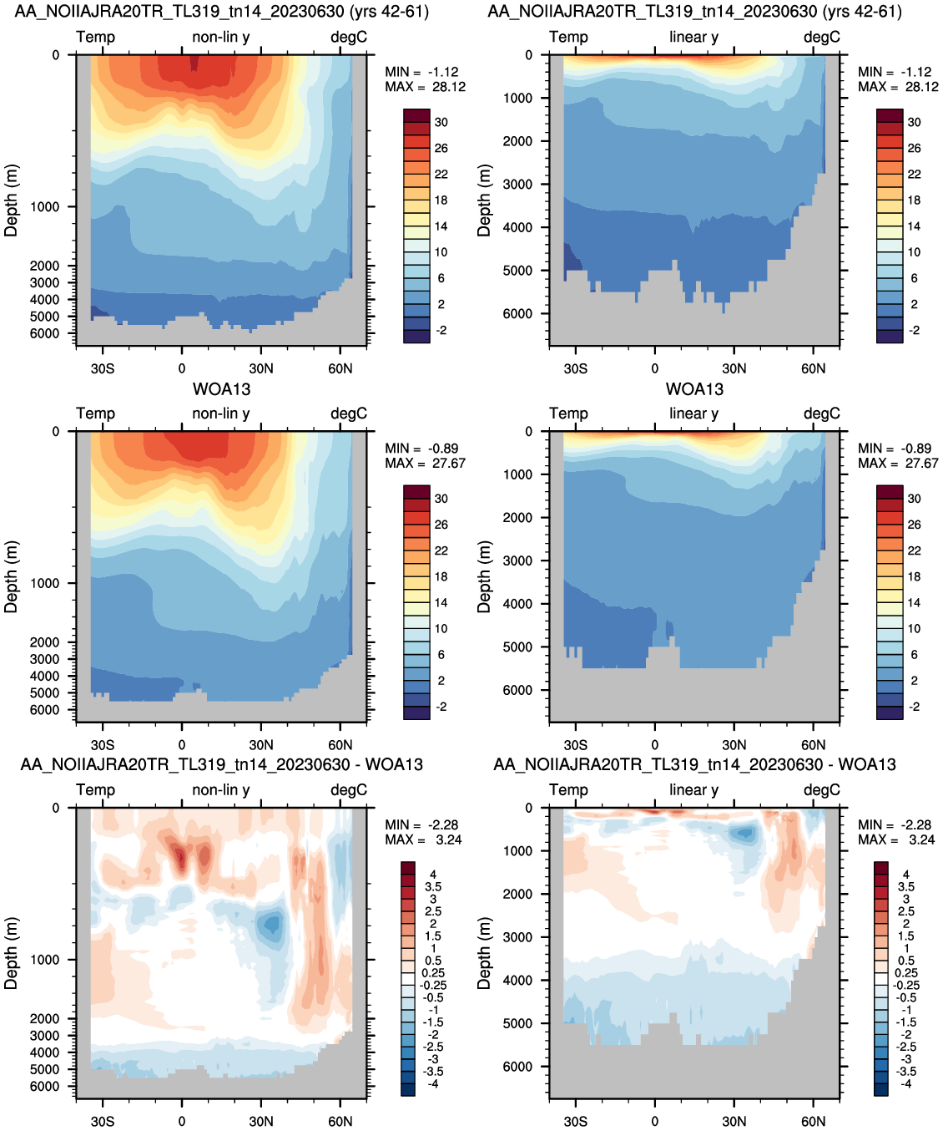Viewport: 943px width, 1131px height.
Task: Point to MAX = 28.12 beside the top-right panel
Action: (898, 87)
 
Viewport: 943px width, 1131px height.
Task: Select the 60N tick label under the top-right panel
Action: (813, 368)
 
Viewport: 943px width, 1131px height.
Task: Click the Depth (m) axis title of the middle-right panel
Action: (483, 577)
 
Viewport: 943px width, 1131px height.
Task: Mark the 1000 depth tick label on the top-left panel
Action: (44, 207)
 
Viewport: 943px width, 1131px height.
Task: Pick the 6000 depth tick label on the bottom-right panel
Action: (517, 1067)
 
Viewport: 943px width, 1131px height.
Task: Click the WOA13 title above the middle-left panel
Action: (221, 389)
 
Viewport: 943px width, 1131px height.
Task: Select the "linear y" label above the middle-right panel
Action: (694, 413)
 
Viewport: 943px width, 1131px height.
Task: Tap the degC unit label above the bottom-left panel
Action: (349, 790)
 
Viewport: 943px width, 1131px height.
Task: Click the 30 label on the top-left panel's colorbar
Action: (441, 123)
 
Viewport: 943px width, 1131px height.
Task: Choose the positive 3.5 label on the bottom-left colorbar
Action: (433, 887)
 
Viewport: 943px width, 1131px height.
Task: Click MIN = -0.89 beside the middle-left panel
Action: (421, 449)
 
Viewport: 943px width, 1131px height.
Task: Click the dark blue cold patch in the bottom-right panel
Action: (744, 833)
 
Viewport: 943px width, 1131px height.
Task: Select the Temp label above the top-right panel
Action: (568, 37)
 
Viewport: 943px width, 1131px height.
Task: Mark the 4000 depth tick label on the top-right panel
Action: (517, 227)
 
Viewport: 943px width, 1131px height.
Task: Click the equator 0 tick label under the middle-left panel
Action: (182, 745)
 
